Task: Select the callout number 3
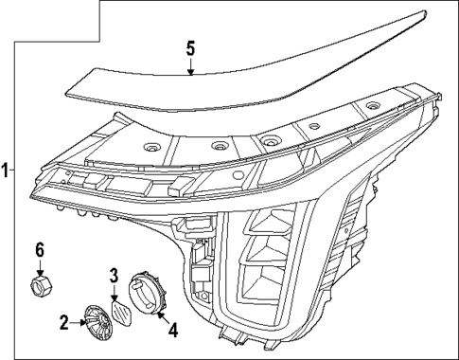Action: [x=114, y=277]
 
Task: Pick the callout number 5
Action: [x=189, y=46]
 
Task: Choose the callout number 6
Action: [x=40, y=249]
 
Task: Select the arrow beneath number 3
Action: [x=115, y=293]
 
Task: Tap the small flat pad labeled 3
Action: [x=121, y=312]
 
